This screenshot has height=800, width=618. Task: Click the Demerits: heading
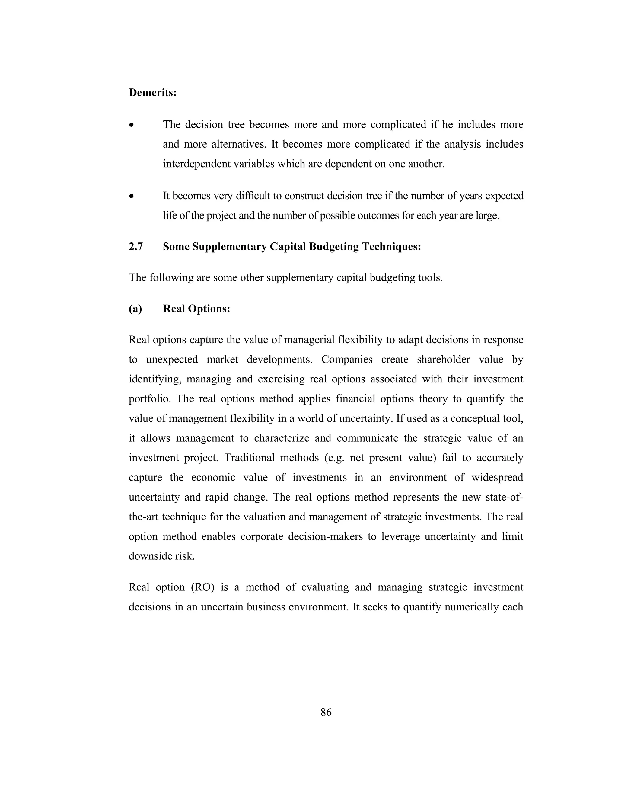153,93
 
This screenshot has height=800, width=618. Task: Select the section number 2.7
136,247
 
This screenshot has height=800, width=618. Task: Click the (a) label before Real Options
135,309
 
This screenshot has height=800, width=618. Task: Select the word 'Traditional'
247,458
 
